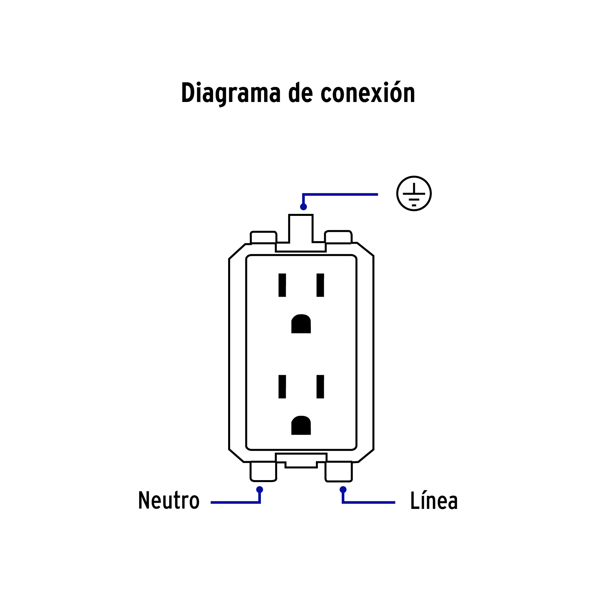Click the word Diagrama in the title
[x=231, y=93]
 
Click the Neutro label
[x=169, y=500]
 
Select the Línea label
[x=434, y=501]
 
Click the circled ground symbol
[x=414, y=193]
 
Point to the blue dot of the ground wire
[x=303, y=207]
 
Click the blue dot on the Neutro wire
[x=260, y=489]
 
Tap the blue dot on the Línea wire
[x=343, y=489]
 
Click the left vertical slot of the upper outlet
[x=282, y=285]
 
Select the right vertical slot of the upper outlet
[x=320, y=285]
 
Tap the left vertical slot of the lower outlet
[x=282, y=386]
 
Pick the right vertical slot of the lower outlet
[x=320, y=386]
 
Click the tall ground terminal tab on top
[x=301, y=228]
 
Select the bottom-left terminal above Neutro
[x=263, y=471]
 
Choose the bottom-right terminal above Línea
[x=338, y=471]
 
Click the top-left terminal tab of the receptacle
[x=263, y=237]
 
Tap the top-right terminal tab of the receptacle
[x=338, y=237]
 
